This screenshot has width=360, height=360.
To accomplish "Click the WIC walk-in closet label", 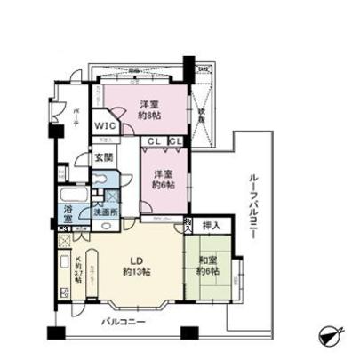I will (x=105, y=126).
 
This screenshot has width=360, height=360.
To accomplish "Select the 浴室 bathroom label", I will (x=70, y=212).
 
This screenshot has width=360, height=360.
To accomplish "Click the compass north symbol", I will (x=330, y=336).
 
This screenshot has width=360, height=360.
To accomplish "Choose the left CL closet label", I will (x=154, y=140).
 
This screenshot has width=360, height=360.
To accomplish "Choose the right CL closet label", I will (x=175, y=140).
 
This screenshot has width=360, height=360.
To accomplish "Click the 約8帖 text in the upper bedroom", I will (x=143, y=114).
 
